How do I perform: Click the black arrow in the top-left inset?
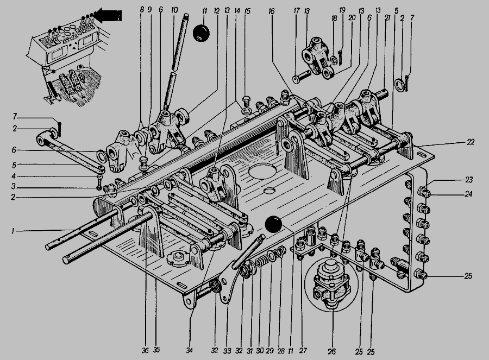click(110, 16)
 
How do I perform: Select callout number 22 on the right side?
click(471, 142)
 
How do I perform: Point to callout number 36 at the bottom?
click(145, 351)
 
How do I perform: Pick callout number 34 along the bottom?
click(189, 351)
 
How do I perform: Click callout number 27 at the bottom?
click(302, 350)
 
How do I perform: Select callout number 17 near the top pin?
click(297, 10)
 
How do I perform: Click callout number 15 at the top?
click(247, 10)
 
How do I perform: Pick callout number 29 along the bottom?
click(270, 351)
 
